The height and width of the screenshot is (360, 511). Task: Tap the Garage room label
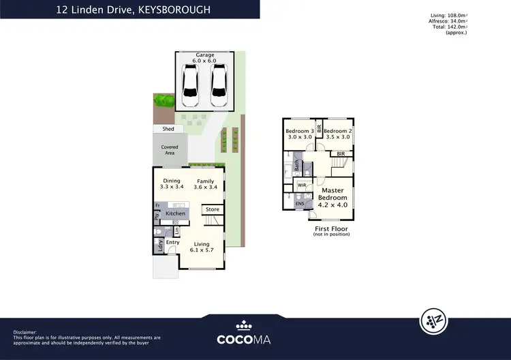point(205,56)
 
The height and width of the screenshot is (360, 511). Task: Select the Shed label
point(168,129)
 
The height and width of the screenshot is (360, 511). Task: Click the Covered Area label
point(170,150)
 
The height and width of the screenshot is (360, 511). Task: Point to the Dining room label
point(172,181)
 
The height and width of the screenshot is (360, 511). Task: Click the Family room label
point(205,181)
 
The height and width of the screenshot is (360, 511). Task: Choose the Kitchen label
point(176,213)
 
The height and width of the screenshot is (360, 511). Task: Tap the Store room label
point(213,209)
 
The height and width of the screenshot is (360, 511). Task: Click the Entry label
point(173,242)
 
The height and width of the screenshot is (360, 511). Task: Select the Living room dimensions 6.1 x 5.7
point(202,250)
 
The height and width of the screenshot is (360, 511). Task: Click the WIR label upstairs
point(301,184)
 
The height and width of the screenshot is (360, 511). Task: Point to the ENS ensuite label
point(300,203)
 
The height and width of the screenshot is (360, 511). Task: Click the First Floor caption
point(331,229)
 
